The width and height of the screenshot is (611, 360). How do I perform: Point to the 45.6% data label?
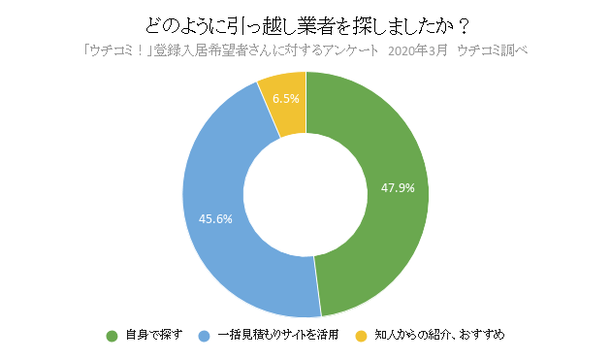[215, 218]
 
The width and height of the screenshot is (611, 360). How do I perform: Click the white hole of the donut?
[305, 194]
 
